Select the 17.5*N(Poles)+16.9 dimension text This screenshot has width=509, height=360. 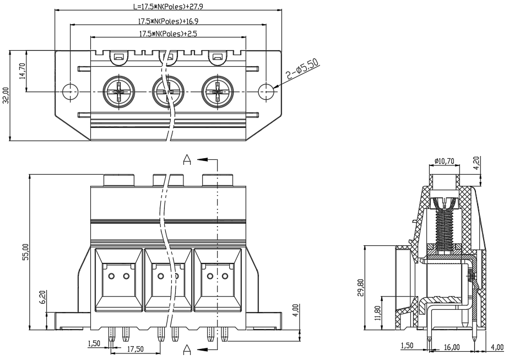(x=168, y=22)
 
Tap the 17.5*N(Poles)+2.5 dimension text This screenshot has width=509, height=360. (x=168, y=34)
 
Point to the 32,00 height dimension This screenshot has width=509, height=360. (x=6, y=95)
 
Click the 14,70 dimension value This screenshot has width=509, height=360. (x=21, y=71)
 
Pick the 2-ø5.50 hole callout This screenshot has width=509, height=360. (x=302, y=70)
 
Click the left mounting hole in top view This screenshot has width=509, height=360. (x=70, y=92)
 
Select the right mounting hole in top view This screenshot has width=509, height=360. (x=266, y=92)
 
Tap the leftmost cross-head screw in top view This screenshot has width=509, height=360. (x=119, y=92)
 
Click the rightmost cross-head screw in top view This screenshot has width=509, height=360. (x=218, y=92)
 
